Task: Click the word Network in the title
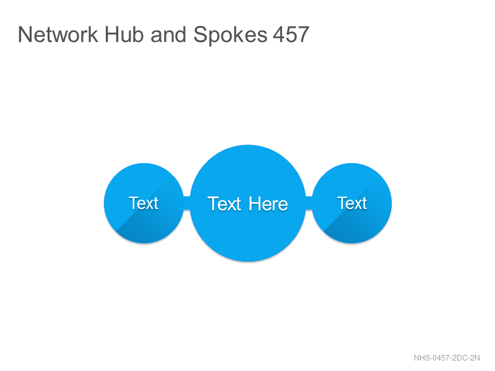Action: (x=58, y=34)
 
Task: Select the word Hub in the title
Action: (x=124, y=34)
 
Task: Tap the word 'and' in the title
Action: (x=168, y=34)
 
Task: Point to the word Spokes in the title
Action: (x=230, y=35)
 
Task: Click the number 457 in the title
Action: (x=291, y=34)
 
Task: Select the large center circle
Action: (x=248, y=203)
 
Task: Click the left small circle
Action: (x=144, y=203)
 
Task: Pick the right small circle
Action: (x=352, y=203)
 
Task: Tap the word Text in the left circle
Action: (x=144, y=203)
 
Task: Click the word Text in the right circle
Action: (x=352, y=203)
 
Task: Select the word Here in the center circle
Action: (x=268, y=204)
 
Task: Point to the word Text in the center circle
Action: (x=225, y=204)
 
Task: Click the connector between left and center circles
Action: (x=187, y=203)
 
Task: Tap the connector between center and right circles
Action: (x=309, y=203)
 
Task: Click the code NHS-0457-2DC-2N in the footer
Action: (x=447, y=358)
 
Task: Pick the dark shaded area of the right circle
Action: (x=355, y=230)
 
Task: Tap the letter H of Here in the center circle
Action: (x=254, y=204)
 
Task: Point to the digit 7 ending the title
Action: (x=304, y=34)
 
